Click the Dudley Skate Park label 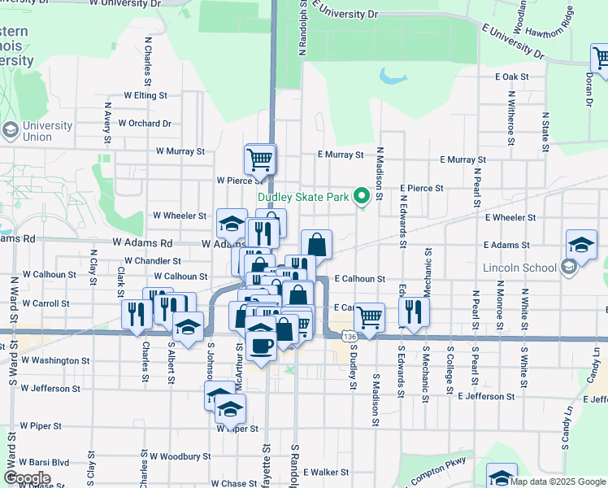click(x=303, y=197)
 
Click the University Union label click(x=48, y=131)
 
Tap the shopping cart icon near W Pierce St click(x=260, y=159)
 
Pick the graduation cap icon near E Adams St click(x=581, y=244)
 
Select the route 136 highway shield click(x=349, y=336)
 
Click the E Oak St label click(x=511, y=76)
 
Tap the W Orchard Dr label click(x=145, y=124)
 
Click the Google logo click(x=27, y=478)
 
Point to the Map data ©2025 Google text click(x=557, y=481)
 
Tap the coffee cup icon click(x=260, y=346)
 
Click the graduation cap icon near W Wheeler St click(x=232, y=223)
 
